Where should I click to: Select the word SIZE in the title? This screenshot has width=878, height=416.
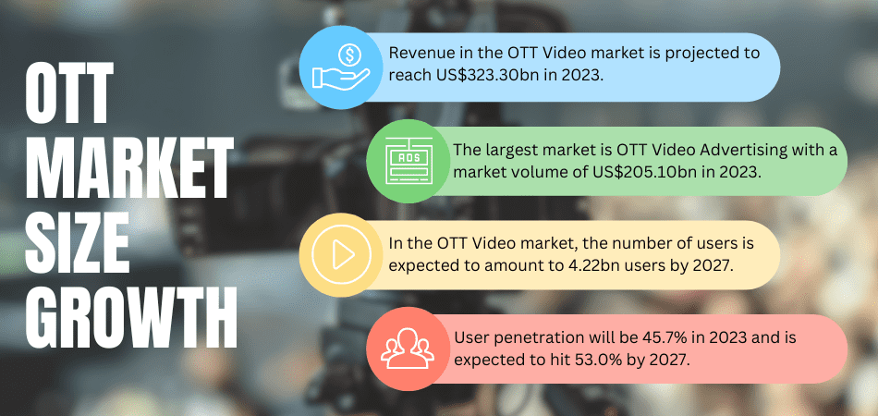(x=78, y=242)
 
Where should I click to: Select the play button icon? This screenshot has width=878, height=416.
(x=341, y=255)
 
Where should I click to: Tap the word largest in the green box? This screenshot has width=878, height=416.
(x=514, y=151)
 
